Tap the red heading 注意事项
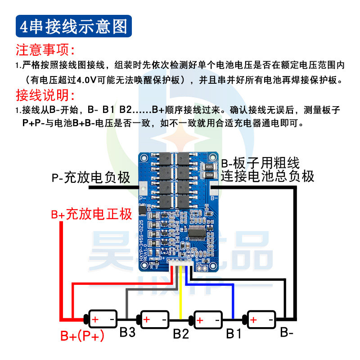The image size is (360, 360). (x=45, y=49)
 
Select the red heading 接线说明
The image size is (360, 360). (x=45, y=95)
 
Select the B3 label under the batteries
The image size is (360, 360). (x=127, y=333)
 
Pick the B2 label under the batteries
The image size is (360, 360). (x=180, y=333)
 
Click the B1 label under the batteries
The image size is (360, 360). (x=234, y=333)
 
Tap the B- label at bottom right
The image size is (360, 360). (x=287, y=333)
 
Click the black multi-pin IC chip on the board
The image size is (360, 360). (x=198, y=233)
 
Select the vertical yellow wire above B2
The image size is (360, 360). (x=180, y=292)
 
